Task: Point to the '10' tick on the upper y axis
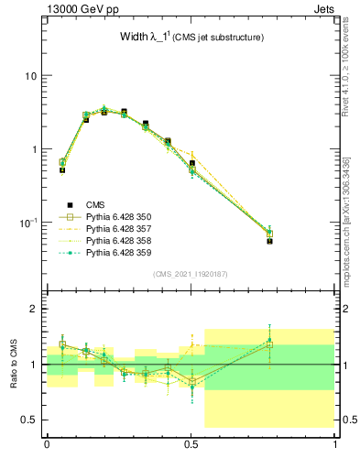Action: coord(31,75)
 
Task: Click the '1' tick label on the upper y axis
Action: coord(34,149)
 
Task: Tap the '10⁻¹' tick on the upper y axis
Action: coord(28,223)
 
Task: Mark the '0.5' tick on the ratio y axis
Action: coord(29,420)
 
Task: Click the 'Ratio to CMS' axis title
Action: coord(13,364)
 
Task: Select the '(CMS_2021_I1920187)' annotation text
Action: coord(191,274)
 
